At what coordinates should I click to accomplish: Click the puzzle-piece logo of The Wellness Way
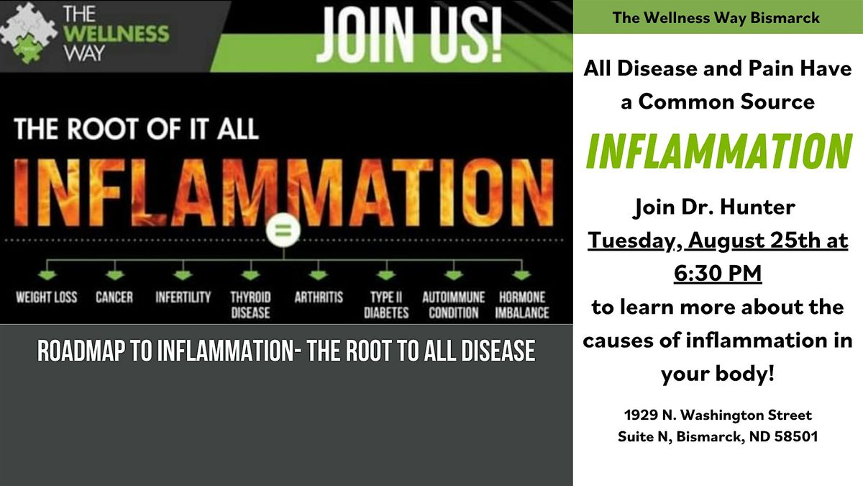pyautogui.click(x=28, y=33)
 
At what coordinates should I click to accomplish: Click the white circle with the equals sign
pyautogui.click(x=283, y=230)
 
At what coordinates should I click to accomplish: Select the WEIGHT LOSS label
pyautogui.click(x=47, y=297)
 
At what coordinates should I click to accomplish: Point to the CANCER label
pyautogui.click(x=114, y=297)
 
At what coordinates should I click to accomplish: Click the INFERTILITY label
pyautogui.click(x=183, y=297)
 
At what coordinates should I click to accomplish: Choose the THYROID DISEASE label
pyautogui.click(x=250, y=305)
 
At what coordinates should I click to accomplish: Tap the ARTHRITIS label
pyautogui.click(x=319, y=297)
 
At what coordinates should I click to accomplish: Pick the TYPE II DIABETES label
pyautogui.click(x=386, y=305)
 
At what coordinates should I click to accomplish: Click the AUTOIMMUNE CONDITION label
pyautogui.click(x=454, y=305)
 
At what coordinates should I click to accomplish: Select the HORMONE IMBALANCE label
pyautogui.click(x=522, y=305)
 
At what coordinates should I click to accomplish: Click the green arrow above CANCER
pyautogui.click(x=115, y=275)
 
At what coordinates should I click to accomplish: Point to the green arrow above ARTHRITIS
pyautogui.click(x=318, y=275)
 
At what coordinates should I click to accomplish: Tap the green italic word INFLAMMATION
pyautogui.click(x=718, y=151)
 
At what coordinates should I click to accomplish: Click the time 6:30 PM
pyautogui.click(x=718, y=274)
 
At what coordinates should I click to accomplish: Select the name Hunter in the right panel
pyautogui.click(x=757, y=207)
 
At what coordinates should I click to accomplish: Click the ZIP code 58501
pyautogui.click(x=796, y=436)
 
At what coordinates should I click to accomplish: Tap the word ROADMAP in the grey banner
pyautogui.click(x=81, y=351)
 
